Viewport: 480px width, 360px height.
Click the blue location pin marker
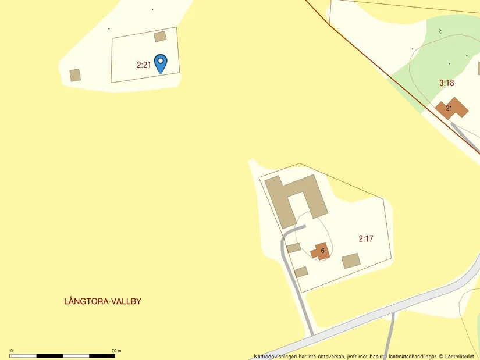click(160, 62)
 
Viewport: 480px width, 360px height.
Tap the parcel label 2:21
click(144, 65)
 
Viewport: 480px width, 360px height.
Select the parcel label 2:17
click(366, 238)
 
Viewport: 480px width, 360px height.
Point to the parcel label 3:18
click(446, 83)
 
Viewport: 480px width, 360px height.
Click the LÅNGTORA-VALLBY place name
click(103, 301)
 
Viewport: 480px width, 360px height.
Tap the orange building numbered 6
click(321, 251)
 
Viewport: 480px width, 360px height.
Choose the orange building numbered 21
click(451, 108)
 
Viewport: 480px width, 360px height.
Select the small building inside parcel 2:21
click(160, 37)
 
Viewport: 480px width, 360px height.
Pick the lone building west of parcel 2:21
click(75, 75)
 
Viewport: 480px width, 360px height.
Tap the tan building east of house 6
click(351, 261)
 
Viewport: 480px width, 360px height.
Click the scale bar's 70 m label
click(116, 351)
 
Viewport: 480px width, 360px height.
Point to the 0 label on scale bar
click(12, 351)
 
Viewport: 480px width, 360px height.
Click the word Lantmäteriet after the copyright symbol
click(460, 357)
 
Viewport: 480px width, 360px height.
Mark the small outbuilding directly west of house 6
click(294, 248)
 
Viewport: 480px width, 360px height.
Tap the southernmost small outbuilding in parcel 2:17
click(301, 272)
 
